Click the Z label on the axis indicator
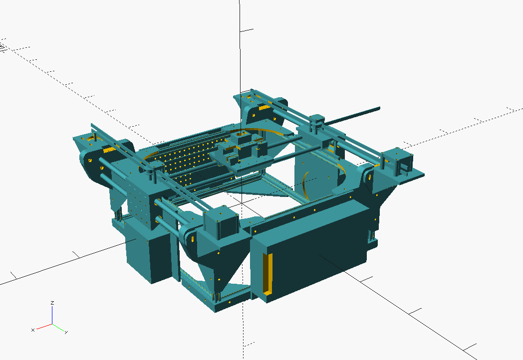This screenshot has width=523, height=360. (52, 303)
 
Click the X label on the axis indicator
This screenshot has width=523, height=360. (33, 330)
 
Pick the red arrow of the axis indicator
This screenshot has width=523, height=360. (44, 326)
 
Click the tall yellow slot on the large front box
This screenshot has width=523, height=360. (267, 274)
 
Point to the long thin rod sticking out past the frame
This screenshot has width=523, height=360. (352, 116)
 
